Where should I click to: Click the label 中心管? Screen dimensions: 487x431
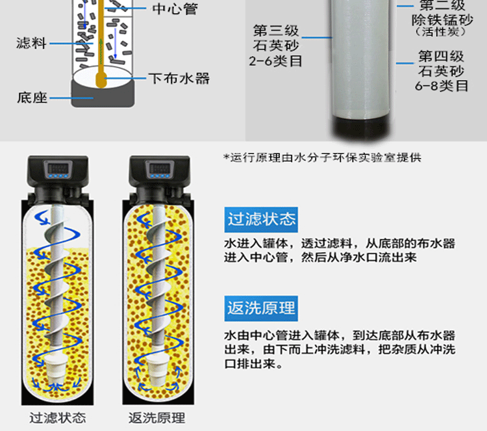coord(175,8)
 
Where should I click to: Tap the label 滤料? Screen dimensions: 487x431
coord(31,43)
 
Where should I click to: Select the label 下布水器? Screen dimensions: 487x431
coord(179,79)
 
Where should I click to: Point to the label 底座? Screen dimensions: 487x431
coord(32,98)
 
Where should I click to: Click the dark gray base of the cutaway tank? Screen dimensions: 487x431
coord(103,95)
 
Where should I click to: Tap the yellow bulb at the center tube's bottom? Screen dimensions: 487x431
coord(101,79)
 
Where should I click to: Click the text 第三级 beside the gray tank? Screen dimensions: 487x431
coord(275,31)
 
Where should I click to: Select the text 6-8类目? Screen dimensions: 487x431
coord(442,86)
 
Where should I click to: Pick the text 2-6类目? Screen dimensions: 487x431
coord(275,60)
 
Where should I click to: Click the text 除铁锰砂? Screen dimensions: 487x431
coord(442,20)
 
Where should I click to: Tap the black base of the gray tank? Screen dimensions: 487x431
coord(360,128)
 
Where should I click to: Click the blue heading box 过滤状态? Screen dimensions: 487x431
coord(261,220)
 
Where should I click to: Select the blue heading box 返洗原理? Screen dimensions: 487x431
coord(261,309)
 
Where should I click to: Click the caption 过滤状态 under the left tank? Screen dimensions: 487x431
coord(58,417)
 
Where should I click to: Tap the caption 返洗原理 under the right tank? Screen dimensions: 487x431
coord(157,417)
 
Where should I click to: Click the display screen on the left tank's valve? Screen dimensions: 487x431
coord(58,169)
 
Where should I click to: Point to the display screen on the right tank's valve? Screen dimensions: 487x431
coord(159,169)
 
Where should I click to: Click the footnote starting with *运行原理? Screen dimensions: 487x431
coord(322,158)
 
